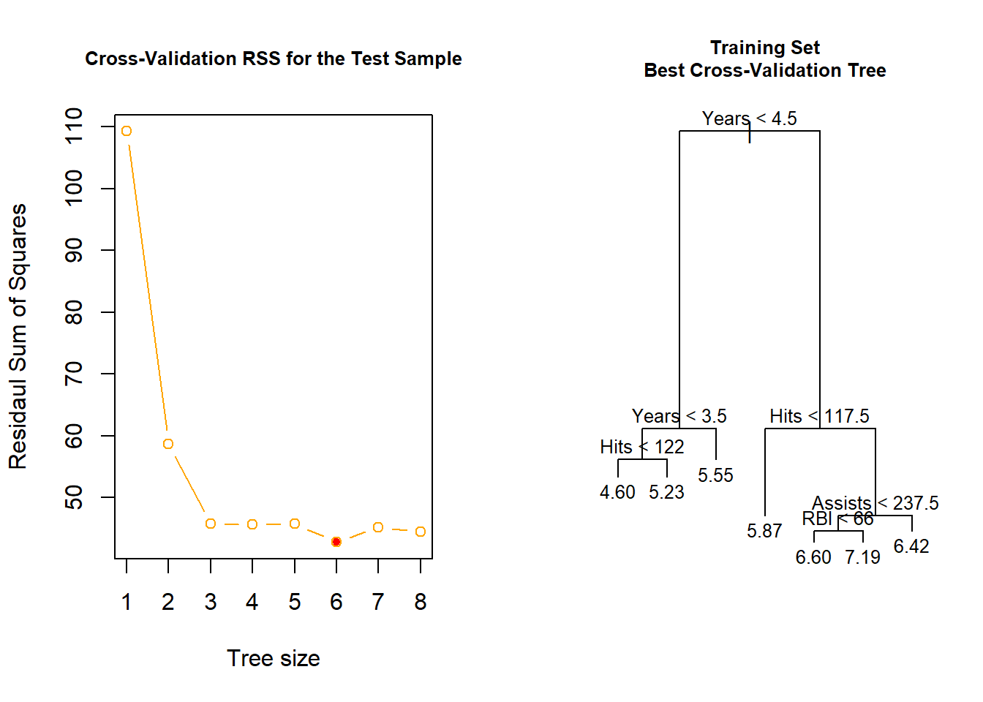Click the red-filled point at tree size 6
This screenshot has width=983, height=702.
pos(336,542)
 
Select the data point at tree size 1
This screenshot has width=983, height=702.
pos(127,131)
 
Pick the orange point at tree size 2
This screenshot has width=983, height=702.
pos(168,444)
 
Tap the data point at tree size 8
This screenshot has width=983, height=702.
pos(421,532)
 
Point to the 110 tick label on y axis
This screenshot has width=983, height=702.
pos(74,126)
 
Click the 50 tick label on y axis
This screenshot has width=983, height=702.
pos(74,497)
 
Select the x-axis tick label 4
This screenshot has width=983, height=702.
pos(252,602)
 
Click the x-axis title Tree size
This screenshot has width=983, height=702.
pos(273,658)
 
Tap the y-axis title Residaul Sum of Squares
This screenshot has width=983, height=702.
pos(18,336)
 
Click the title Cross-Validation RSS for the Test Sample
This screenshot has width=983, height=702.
pos(273,58)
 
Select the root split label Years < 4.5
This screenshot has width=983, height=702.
pos(749,118)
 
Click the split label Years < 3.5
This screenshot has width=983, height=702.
pos(679,416)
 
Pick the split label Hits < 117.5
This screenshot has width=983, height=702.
pos(819,416)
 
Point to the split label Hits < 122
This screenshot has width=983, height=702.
pos(641,447)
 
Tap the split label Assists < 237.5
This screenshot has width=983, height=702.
pos(875,503)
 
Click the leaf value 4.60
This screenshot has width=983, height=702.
pos(617,492)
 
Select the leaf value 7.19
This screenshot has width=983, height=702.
pos(862,557)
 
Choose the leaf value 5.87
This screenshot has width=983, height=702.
pos(764,531)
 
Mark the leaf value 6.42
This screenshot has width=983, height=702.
pos(911,546)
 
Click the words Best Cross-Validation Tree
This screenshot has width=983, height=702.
pos(764,70)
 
